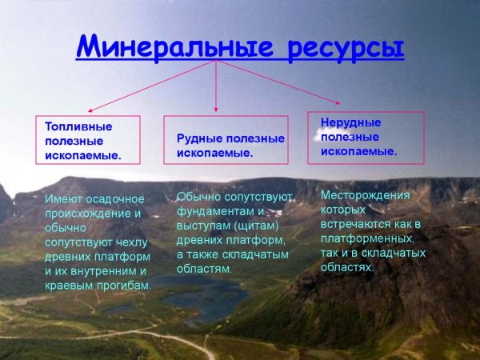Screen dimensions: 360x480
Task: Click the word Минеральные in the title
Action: pos(167,46)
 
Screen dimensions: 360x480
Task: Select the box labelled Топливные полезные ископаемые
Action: pos(87,141)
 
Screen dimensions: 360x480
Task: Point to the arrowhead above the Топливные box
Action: pos(90,110)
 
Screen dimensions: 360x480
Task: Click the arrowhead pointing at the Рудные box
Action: pos(216,110)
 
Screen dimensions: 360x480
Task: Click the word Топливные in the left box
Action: pos(78,126)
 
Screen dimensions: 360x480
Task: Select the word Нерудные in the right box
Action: pos(350,122)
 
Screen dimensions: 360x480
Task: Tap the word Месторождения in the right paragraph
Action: pos(365,195)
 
